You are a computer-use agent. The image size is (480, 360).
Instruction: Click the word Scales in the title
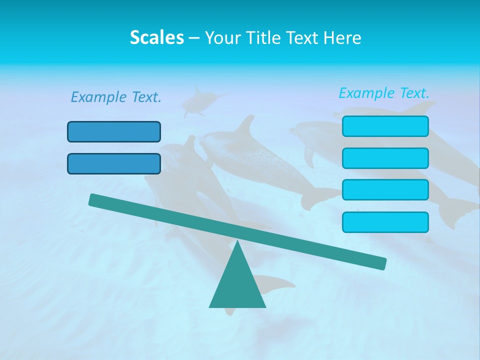(x=156, y=37)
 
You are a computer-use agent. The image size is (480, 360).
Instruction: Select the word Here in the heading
(x=342, y=37)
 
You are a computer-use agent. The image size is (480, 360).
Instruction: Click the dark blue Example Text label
(x=116, y=97)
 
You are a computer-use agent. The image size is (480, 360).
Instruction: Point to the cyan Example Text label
(x=384, y=93)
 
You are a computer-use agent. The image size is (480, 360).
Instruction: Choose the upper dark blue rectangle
(x=114, y=132)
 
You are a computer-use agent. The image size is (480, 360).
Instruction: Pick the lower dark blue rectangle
(x=114, y=164)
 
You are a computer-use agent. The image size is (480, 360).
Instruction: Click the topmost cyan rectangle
(x=385, y=126)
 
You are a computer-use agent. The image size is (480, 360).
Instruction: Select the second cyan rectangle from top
(x=385, y=158)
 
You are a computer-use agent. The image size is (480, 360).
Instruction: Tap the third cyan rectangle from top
(x=385, y=190)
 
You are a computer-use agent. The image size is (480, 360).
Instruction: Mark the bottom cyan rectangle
(x=385, y=222)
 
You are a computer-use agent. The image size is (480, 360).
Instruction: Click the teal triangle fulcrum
(x=237, y=285)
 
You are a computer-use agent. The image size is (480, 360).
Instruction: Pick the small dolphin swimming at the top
(x=197, y=102)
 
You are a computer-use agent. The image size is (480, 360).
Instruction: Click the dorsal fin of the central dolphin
(x=246, y=126)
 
